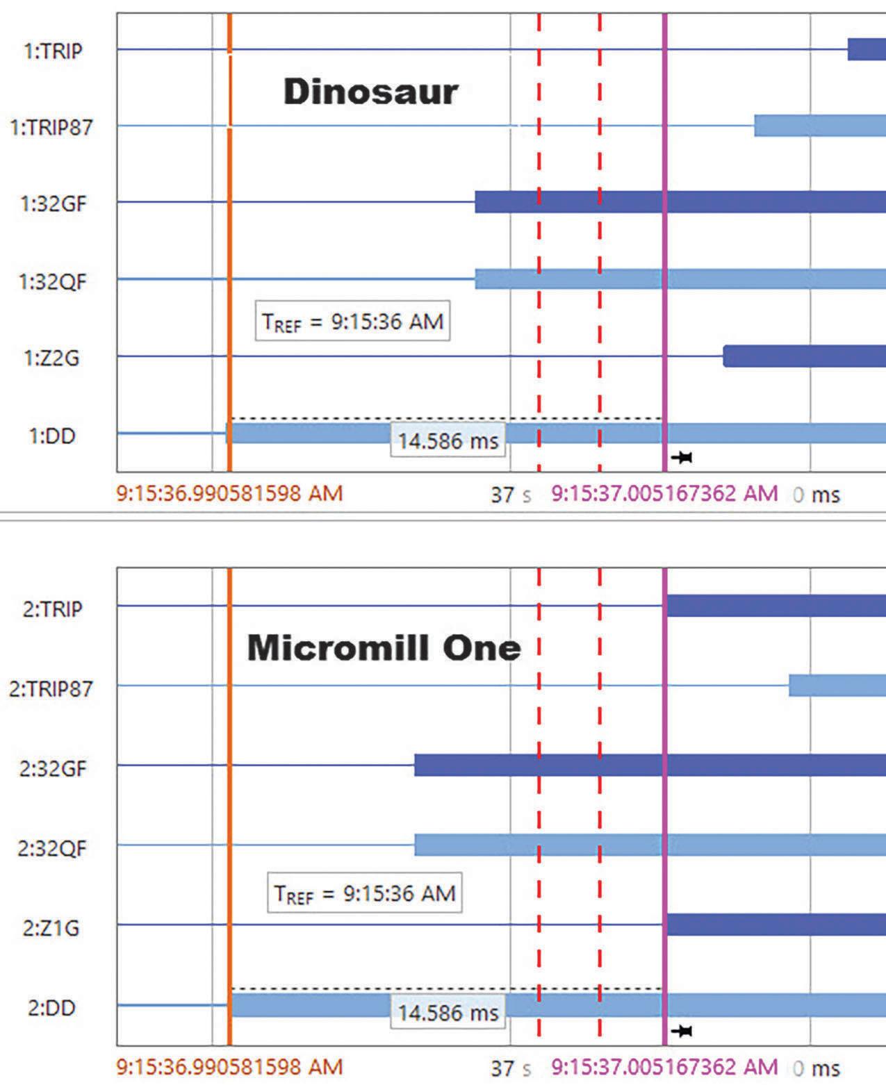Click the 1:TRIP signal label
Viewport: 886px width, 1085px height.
pos(53,51)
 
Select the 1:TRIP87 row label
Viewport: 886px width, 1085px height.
pos(51,127)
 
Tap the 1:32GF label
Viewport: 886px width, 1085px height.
pos(53,204)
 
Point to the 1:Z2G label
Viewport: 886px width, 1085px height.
pos(51,358)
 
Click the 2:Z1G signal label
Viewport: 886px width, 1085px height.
pos(51,928)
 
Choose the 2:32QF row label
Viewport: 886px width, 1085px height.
pos(52,848)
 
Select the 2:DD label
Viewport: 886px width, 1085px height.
pos(51,1008)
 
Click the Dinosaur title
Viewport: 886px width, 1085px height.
pos(370,92)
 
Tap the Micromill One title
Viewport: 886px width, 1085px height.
pos(384,647)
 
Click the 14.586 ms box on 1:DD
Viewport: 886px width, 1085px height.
pos(448,440)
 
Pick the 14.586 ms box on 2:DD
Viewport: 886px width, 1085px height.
pos(448,1013)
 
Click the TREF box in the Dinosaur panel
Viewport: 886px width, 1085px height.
pos(352,321)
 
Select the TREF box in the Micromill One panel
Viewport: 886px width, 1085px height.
pos(365,893)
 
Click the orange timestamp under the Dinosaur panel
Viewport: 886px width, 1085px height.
pos(229,493)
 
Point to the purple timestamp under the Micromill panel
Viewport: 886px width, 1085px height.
pos(664,1068)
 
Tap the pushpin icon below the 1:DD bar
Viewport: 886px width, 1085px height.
pos(682,457)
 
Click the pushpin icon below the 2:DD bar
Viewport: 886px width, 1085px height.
pos(682,1031)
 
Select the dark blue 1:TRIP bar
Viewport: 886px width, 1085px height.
pos(867,49)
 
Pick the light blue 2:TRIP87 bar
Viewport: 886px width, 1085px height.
pos(837,686)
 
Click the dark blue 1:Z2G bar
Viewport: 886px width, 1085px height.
pos(805,356)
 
